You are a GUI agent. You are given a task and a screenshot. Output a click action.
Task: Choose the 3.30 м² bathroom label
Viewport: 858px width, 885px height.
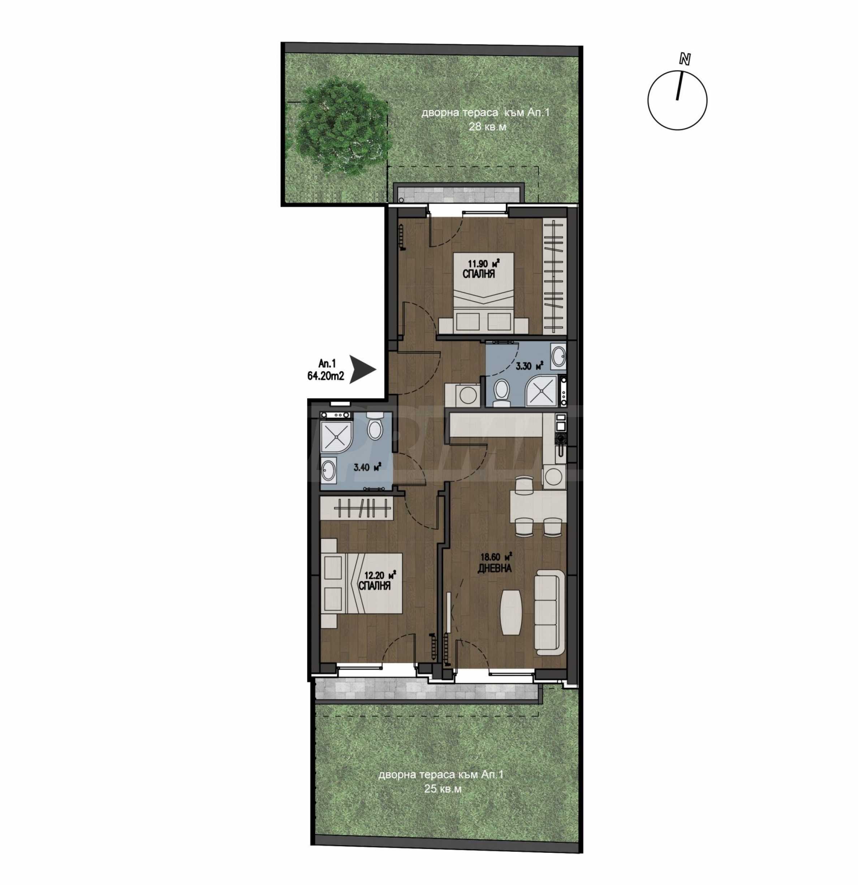529,365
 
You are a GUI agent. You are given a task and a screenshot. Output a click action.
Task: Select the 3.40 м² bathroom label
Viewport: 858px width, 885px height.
367,467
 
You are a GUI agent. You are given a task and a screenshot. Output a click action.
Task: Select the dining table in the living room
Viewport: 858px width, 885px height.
538,506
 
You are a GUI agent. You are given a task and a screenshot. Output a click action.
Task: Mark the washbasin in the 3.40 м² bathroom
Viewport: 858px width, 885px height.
329,471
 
